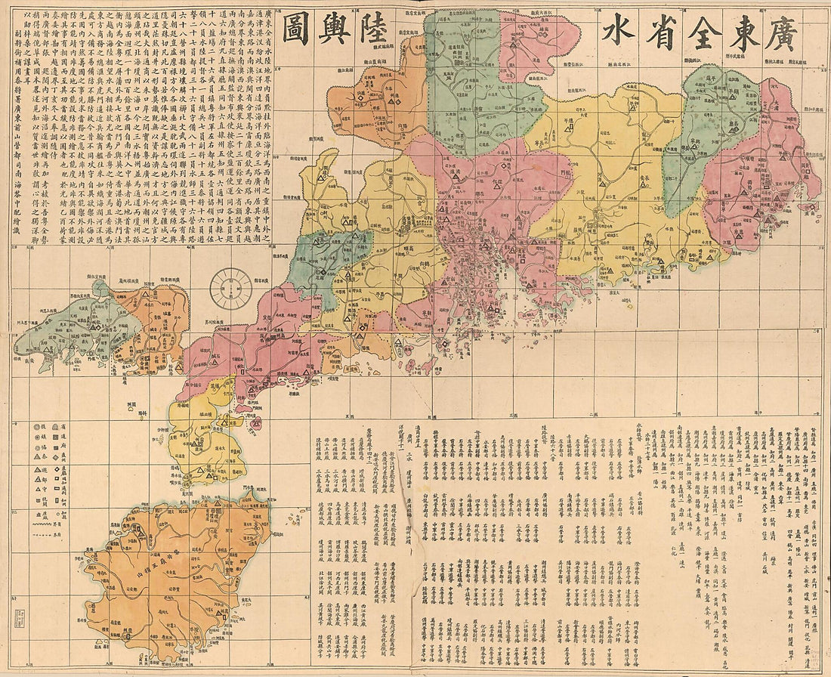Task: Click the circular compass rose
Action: [x=230, y=288]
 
